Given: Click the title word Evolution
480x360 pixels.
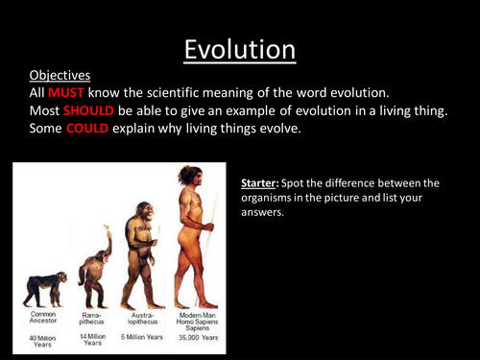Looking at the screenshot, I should [x=239, y=48].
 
